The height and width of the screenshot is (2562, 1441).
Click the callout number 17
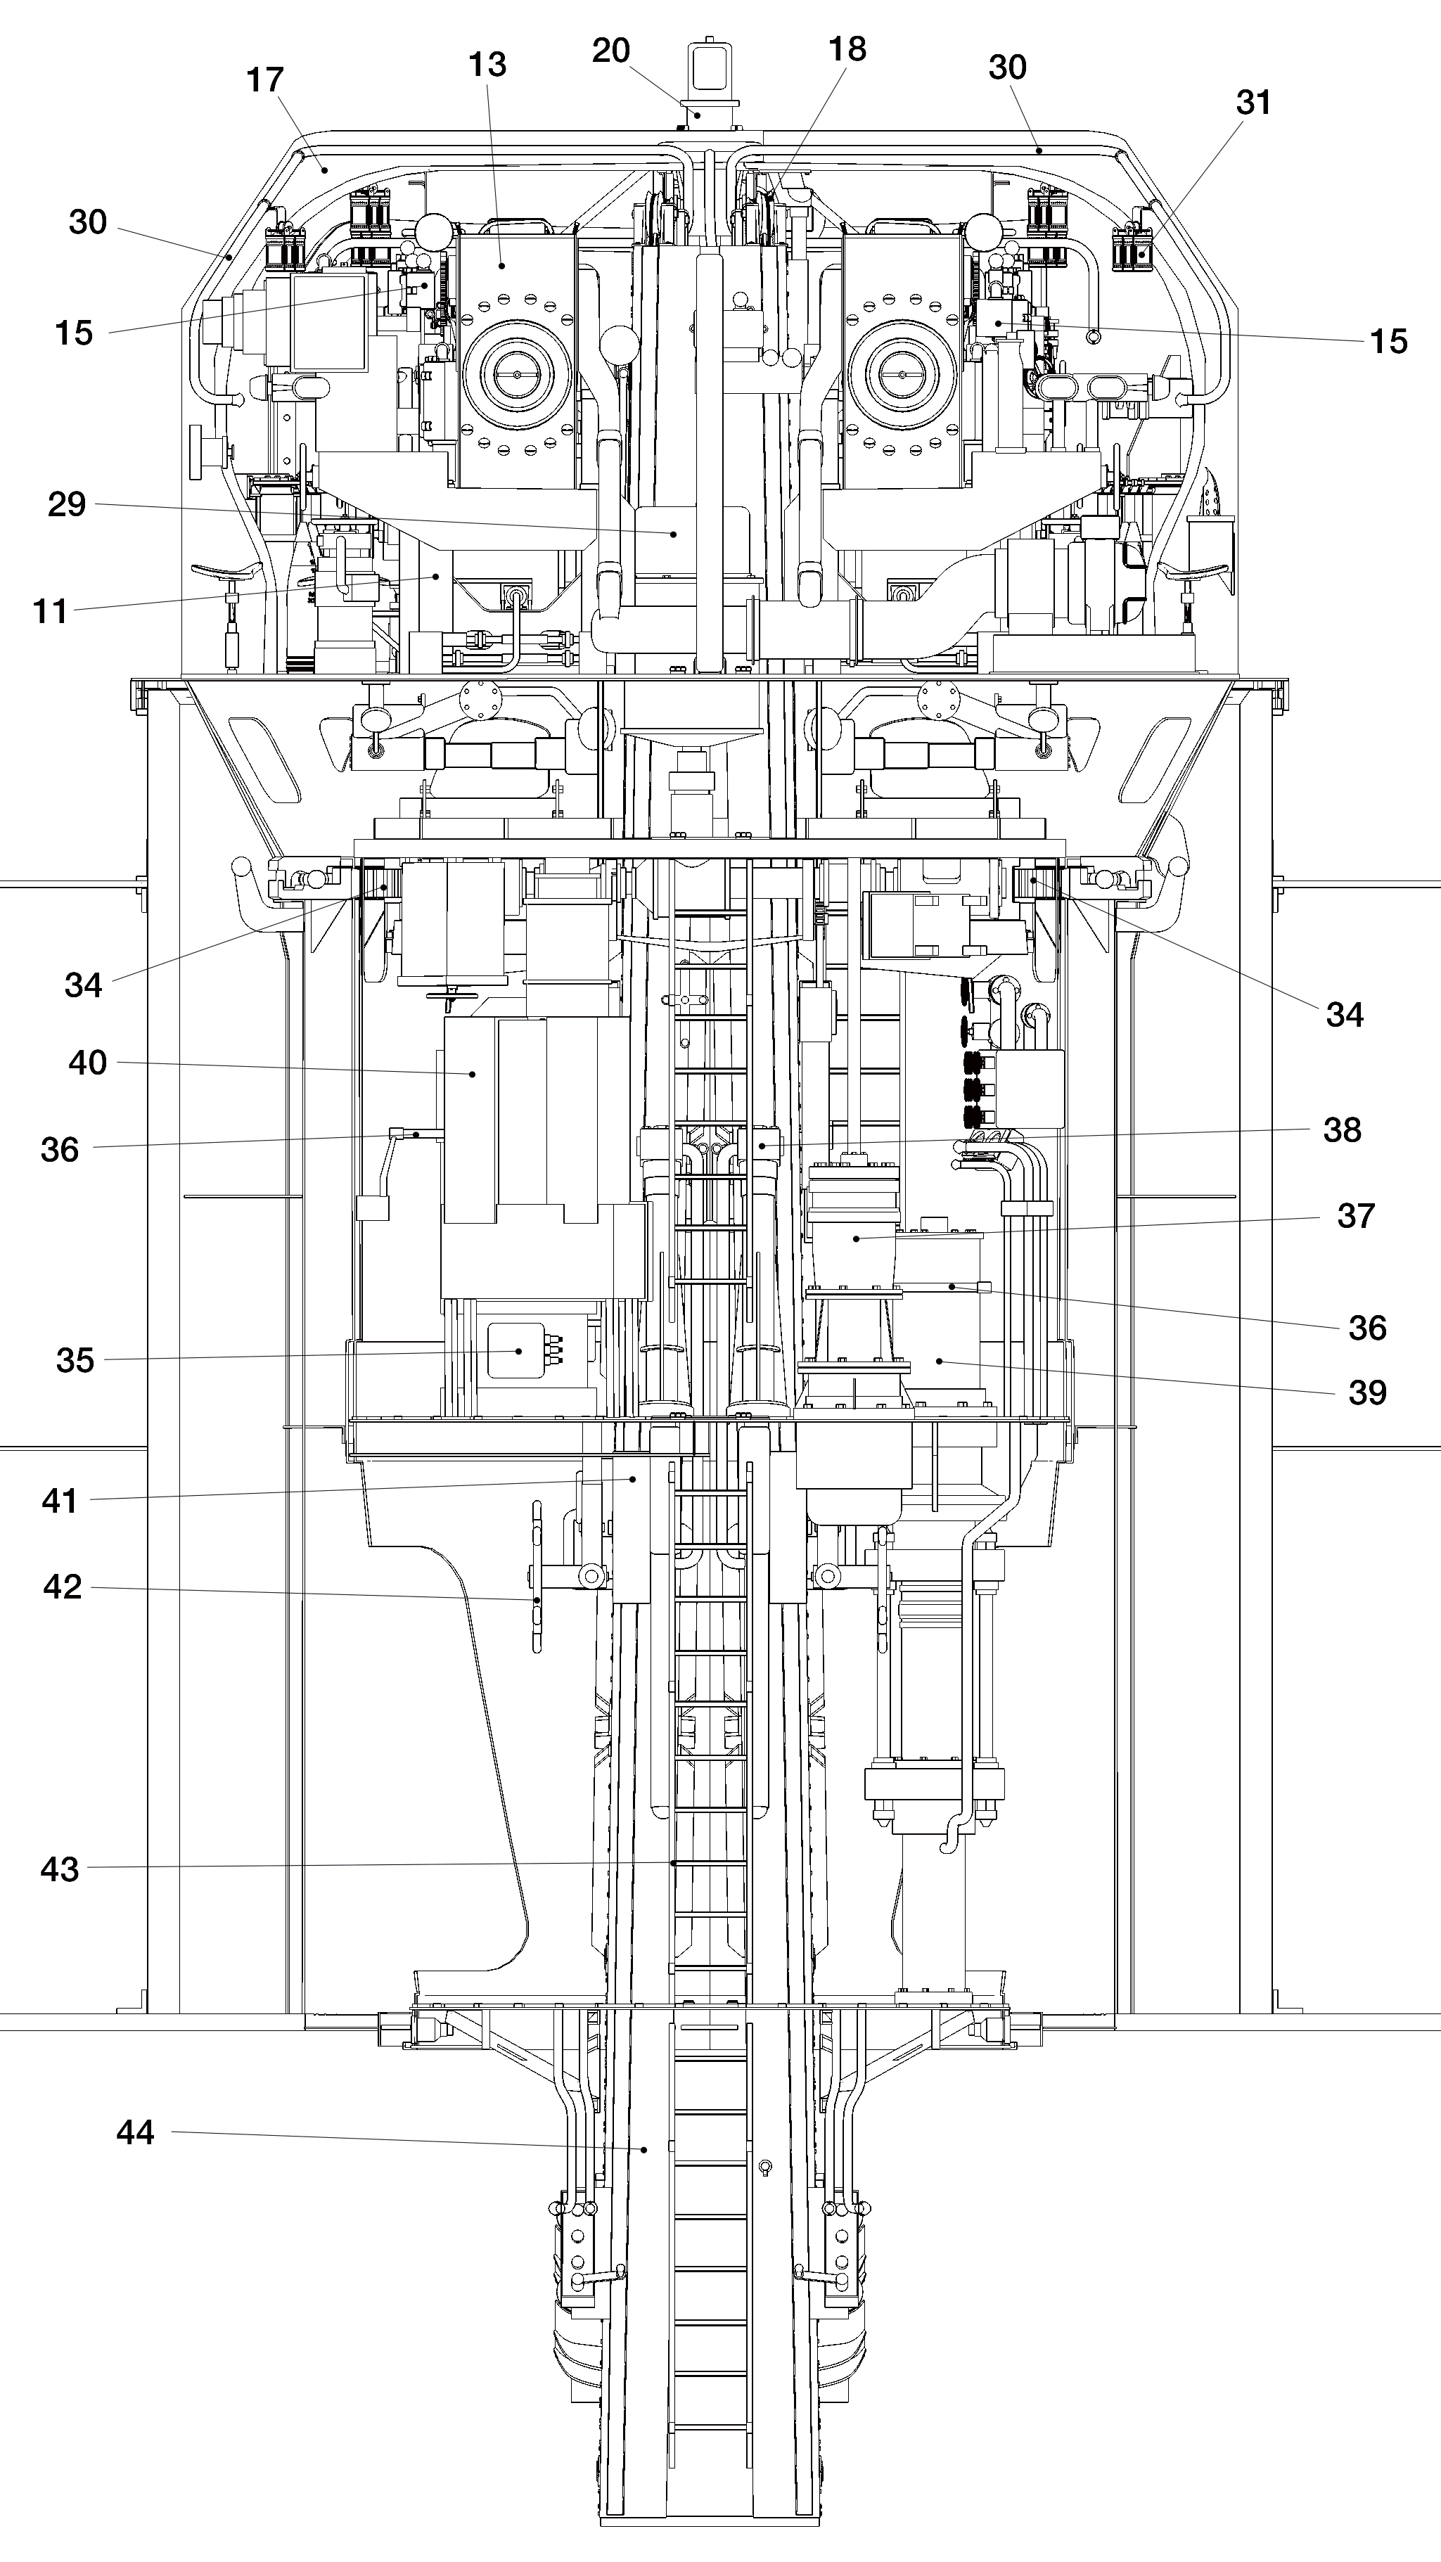(x=266, y=79)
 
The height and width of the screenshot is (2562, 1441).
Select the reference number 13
(x=487, y=65)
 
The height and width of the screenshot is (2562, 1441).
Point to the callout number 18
(x=847, y=49)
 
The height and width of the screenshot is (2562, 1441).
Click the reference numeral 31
(x=1253, y=103)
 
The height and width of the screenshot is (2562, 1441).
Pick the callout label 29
(x=67, y=504)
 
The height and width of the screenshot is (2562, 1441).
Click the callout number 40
(x=87, y=1062)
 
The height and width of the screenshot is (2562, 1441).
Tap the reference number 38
(x=1342, y=1130)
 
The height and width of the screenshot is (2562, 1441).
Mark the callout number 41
(x=60, y=1501)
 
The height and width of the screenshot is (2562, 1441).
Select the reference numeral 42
(x=62, y=1587)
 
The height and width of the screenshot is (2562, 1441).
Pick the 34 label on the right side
(x=1345, y=1014)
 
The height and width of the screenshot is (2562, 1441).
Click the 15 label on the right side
(x=1388, y=341)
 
